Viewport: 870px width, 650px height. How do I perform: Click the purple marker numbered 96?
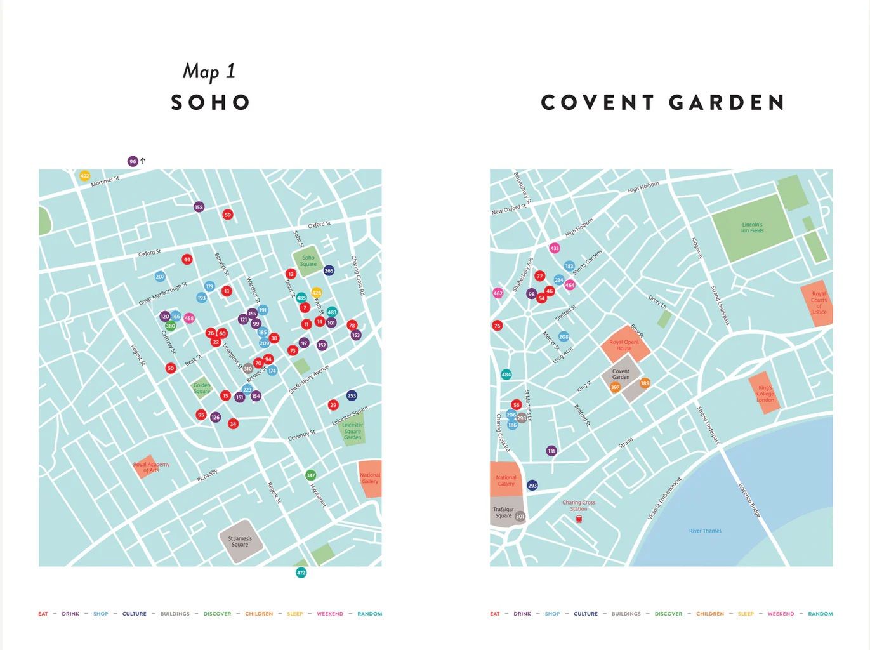click(x=133, y=161)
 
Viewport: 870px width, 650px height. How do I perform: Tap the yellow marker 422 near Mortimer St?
click(x=84, y=176)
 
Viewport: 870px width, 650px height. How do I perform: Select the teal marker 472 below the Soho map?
click(x=301, y=573)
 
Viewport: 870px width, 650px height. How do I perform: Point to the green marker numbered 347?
click(x=310, y=475)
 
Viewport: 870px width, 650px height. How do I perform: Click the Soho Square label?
click(x=308, y=261)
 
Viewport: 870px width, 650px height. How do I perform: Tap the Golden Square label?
click(x=202, y=388)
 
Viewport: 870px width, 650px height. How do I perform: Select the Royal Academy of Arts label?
click(x=151, y=467)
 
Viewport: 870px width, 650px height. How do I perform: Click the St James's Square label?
click(x=240, y=541)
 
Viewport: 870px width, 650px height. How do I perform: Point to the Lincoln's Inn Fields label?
click(x=752, y=227)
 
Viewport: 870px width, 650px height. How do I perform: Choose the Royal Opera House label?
click(x=624, y=345)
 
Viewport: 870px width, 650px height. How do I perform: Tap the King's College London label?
click(x=765, y=394)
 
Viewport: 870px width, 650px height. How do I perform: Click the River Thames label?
click(x=705, y=531)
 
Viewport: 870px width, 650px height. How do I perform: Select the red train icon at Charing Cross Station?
click(x=579, y=519)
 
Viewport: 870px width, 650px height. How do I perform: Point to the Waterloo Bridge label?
click(x=749, y=500)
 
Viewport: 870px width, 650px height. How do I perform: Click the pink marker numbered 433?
click(x=555, y=248)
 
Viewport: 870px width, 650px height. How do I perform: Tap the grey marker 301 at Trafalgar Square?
click(x=520, y=516)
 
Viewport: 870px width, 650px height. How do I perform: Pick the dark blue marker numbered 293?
click(x=532, y=485)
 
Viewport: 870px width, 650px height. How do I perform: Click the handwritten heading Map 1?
click(x=209, y=71)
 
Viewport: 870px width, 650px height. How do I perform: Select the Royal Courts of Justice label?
click(x=819, y=303)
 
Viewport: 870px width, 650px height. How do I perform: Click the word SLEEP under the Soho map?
click(x=294, y=614)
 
